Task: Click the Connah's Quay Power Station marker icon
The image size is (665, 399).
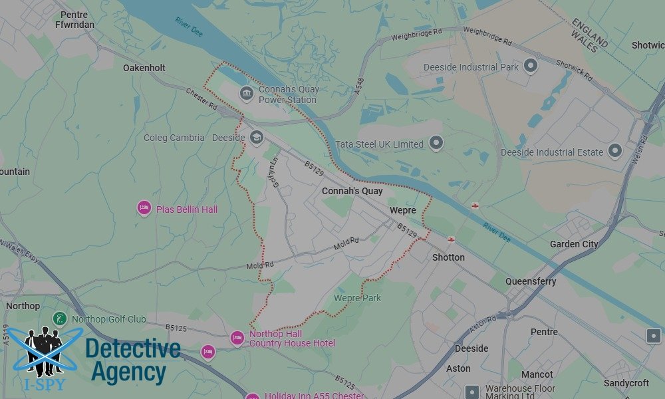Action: [246, 92]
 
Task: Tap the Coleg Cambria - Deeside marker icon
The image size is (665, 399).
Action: [257, 138]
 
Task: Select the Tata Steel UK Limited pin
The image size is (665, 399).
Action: [436, 142]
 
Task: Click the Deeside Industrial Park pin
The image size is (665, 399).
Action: [530, 65]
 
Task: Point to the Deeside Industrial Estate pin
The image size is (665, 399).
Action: [615, 151]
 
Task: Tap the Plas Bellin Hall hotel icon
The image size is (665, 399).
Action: [144, 208]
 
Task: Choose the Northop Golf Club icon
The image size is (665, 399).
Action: [60, 319]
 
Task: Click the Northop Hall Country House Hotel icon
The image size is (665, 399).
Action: [237, 338]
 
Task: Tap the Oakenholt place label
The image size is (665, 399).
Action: [144, 68]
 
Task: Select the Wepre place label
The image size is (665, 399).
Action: [403, 210]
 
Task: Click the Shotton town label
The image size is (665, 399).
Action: [448, 257]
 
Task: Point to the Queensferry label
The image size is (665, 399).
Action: [531, 281]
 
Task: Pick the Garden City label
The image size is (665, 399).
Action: [574, 244]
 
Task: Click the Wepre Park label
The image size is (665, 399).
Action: [358, 298]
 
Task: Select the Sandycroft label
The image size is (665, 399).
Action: [626, 383]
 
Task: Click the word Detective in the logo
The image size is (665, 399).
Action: [133, 349]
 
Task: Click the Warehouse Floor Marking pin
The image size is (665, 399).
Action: [472, 392]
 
